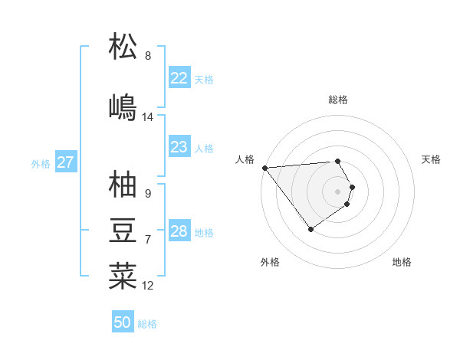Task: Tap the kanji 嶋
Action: coord(123,106)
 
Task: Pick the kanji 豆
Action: coord(123,229)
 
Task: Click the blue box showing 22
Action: coord(179,78)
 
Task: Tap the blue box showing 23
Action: coord(179,147)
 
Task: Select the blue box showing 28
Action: coord(179,231)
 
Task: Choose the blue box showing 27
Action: coord(66,162)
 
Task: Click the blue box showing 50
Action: coord(123,322)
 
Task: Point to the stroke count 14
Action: coord(147,117)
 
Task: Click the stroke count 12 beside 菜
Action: coord(148,286)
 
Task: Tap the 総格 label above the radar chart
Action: coord(338,100)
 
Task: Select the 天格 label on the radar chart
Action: coord(432,159)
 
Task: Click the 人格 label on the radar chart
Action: coord(245,159)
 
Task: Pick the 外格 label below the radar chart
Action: coord(270,262)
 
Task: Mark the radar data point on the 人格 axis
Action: coord(264,168)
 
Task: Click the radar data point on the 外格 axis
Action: coord(310,228)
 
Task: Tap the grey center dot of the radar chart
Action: coord(338,191)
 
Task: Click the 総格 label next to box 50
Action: coord(147,324)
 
